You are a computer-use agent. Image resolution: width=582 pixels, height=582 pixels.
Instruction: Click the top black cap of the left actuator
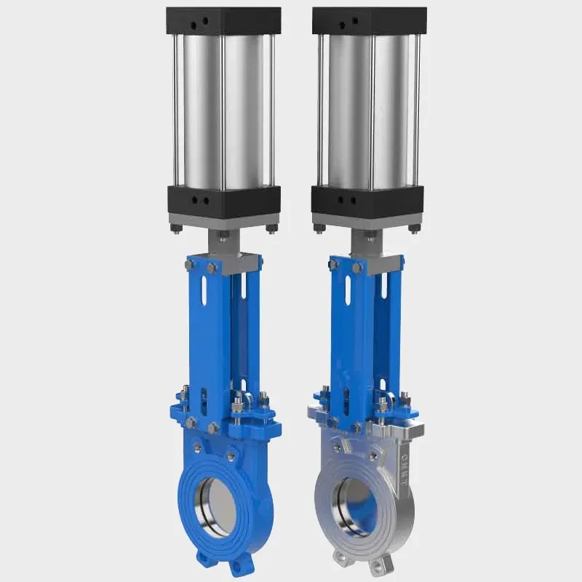[x=223, y=21]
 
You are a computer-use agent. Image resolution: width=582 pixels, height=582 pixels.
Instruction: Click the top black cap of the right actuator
[x=369, y=21]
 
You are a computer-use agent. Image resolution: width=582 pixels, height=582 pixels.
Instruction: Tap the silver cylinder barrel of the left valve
[x=222, y=109]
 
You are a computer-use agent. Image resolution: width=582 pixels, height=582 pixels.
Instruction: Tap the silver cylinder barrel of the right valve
[x=369, y=109]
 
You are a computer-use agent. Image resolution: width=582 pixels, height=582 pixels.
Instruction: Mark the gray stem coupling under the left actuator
[x=223, y=241]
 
